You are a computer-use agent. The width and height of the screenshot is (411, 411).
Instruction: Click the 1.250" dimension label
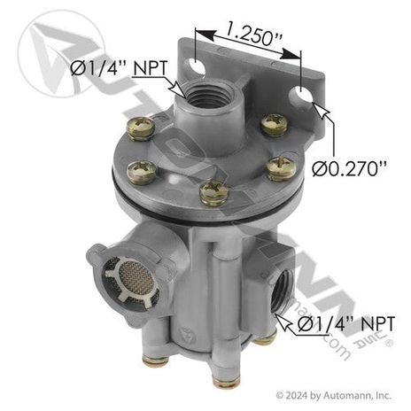click(253, 34)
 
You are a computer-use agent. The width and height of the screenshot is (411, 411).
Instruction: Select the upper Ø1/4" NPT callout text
click(120, 68)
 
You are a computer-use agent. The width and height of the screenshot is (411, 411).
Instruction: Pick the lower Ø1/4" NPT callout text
click(345, 323)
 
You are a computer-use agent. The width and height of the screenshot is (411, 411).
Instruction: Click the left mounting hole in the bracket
click(196, 67)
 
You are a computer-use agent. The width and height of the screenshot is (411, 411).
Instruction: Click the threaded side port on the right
click(281, 292)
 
